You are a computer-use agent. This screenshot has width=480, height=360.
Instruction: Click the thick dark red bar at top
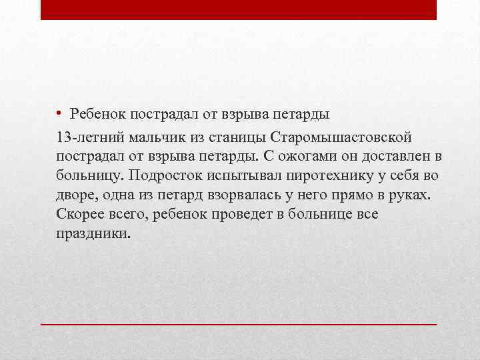239,9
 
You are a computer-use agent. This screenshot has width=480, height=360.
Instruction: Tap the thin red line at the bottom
239,323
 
